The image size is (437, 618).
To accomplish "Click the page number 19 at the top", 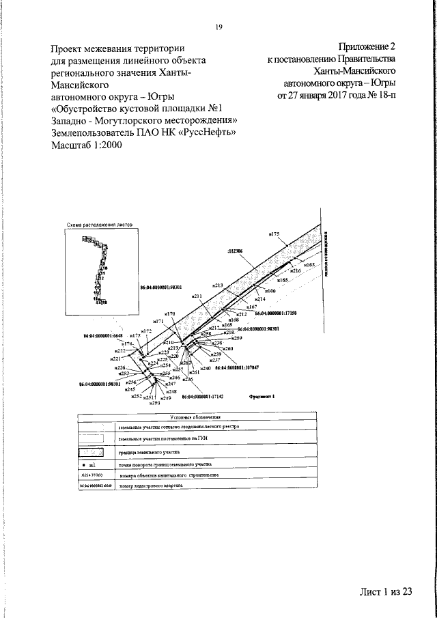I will point(218,27).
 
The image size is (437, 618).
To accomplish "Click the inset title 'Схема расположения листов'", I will point(98,224).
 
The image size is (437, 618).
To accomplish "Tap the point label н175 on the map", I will point(274,234).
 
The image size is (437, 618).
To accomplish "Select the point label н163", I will point(309,264).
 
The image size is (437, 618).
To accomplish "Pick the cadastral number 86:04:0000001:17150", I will point(277,312).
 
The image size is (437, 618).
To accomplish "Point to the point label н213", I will point(218,284).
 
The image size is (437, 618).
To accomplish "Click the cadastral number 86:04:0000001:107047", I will point(238,367).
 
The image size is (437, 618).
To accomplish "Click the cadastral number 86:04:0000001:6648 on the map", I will point(102,336).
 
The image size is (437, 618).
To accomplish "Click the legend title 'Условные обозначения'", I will point(197,417).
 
